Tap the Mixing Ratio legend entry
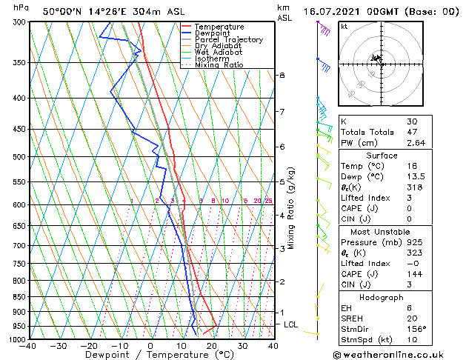click(x=219, y=65)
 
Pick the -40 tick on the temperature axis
click(x=28, y=346)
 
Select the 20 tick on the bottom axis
click(x=212, y=346)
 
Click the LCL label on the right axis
click(x=291, y=324)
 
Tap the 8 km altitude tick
click(x=282, y=76)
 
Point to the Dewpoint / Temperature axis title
click(x=150, y=355)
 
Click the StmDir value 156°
click(x=416, y=330)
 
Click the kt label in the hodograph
click(x=344, y=27)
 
